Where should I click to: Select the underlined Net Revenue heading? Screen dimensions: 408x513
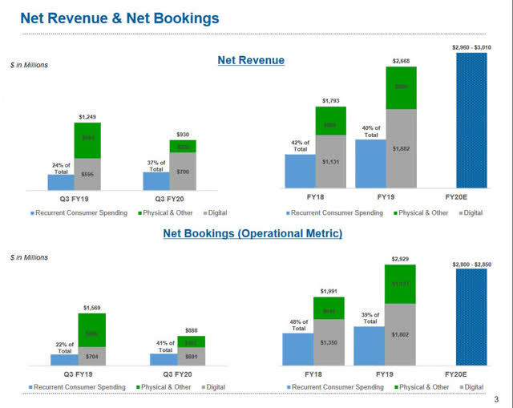click(251, 60)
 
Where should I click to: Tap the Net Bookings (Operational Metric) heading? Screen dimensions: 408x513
click(252, 233)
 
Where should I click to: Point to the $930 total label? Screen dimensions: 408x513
click(183, 135)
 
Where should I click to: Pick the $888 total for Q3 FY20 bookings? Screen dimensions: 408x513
click(192, 330)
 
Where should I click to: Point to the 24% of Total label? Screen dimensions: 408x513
click(62, 168)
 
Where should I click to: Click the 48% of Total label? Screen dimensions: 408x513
click(297, 325)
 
